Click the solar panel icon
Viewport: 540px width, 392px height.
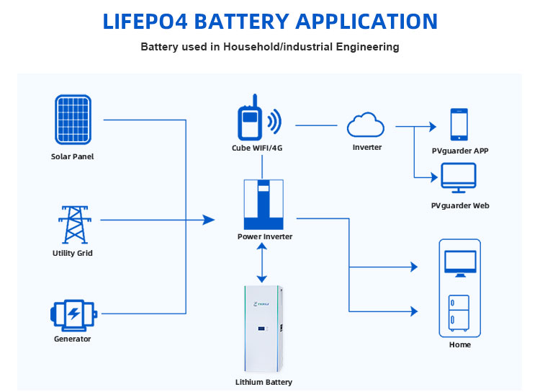(x=73, y=120)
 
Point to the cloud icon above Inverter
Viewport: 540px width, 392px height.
(x=366, y=125)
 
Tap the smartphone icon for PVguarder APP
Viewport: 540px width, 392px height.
(x=459, y=125)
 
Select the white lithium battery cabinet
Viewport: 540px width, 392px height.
(x=264, y=328)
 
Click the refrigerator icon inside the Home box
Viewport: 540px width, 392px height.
(x=459, y=312)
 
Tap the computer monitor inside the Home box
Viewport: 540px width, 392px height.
(x=459, y=264)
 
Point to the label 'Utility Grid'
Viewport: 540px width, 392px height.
(x=73, y=254)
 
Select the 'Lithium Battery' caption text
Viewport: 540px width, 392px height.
(x=264, y=382)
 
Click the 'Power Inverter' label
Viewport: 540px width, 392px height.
(x=265, y=236)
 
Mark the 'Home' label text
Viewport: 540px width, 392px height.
(x=459, y=345)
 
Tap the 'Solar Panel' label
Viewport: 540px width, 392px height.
(x=73, y=156)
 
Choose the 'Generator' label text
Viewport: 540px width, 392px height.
(x=73, y=339)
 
